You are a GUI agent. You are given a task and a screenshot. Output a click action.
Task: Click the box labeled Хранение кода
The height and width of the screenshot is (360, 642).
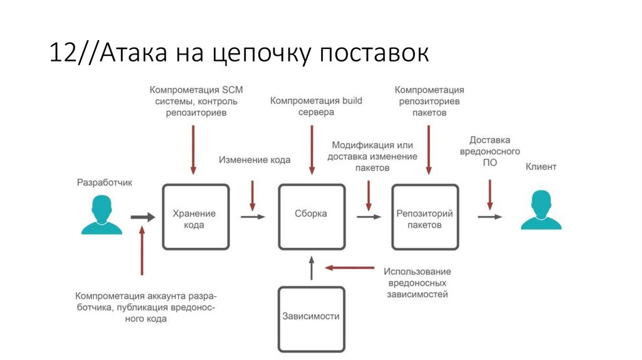point(195,217)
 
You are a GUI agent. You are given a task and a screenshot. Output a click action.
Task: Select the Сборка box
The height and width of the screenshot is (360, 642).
point(311,216)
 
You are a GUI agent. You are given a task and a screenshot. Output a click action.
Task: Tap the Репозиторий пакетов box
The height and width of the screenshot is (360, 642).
point(424,217)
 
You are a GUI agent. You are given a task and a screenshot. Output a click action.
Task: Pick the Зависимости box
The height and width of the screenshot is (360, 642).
point(311,318)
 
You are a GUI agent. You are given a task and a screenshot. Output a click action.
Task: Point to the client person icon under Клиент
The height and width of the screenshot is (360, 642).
point(540,210)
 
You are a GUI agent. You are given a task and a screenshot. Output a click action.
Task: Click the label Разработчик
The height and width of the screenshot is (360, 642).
point(105,183)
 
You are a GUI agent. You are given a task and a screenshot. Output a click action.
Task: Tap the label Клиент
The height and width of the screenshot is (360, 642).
point(540,167)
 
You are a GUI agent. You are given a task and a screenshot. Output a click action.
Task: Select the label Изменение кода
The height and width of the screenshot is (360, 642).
point(255,160)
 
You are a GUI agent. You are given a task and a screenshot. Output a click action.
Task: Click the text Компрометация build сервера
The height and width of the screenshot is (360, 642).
point(316,106)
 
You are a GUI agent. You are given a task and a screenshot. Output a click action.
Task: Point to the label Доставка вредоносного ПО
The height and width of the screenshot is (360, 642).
point(490,151)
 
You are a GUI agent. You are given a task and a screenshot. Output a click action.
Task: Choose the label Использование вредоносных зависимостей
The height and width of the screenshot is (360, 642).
point(418,282)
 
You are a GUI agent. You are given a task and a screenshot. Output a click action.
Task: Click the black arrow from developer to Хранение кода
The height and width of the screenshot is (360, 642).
point(142,217)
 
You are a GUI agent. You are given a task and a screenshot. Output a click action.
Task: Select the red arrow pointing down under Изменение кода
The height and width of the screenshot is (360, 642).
point(253,195)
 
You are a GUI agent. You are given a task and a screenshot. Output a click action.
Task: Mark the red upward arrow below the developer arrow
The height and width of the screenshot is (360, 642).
point(142,251)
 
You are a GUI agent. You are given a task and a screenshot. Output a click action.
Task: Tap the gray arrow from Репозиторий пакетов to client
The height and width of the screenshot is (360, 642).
point(490,217)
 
